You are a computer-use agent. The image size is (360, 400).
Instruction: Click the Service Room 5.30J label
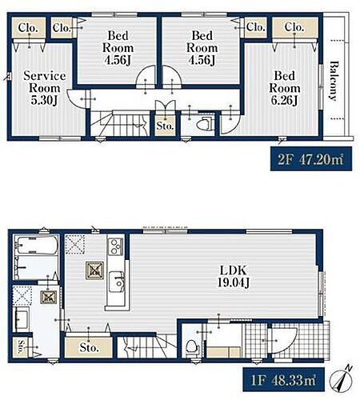point(45,88)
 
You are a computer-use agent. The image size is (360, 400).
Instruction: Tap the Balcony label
point(334,81)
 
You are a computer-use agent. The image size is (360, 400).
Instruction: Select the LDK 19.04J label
point(234,277)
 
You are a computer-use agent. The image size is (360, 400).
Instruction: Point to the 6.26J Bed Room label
point(285,88)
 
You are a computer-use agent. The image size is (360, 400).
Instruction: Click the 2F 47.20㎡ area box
point(311,158)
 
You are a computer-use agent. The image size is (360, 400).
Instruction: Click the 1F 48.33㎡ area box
point(283,379)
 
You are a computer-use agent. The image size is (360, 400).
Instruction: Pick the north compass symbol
point(341,380)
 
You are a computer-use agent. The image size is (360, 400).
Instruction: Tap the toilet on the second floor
point(205,123)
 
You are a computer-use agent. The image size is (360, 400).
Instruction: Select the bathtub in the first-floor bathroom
point(37,245)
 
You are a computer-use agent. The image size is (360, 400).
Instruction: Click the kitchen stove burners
point(116,246)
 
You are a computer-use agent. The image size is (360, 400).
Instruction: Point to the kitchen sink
point(117,282)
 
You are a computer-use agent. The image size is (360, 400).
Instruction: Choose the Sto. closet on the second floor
point(166,126)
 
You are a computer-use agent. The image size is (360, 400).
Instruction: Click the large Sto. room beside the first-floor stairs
point(89,347)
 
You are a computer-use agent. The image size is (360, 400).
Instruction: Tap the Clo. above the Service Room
point(28,28)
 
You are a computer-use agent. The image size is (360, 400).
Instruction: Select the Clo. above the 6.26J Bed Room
point(295,27)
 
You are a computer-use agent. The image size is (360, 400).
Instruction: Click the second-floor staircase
point(119,123)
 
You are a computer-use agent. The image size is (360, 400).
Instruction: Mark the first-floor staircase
point(147,346)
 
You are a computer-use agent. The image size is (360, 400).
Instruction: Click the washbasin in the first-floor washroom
point(22,319)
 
